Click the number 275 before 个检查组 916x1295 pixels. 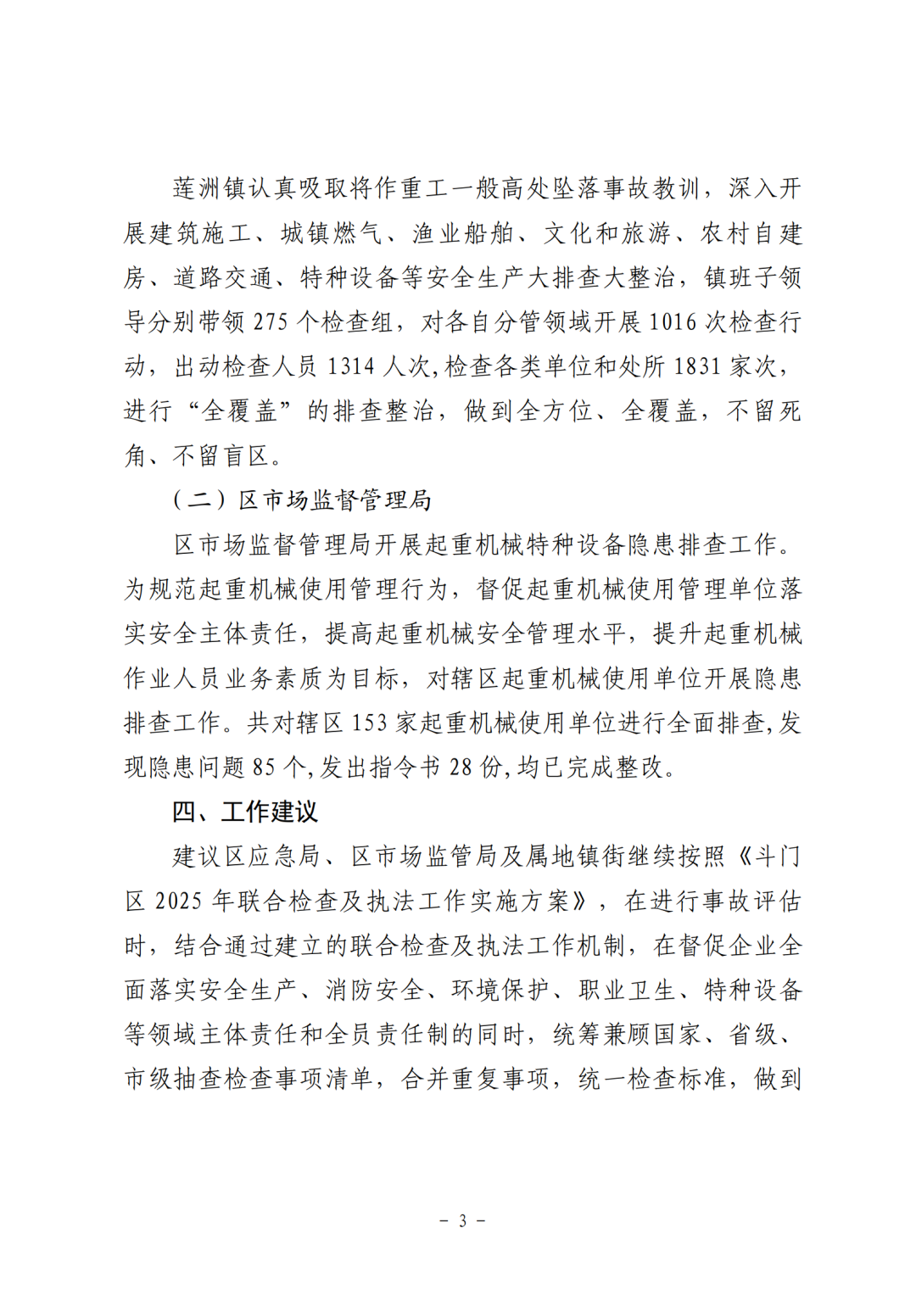pyautogui.click(x=271, y=322)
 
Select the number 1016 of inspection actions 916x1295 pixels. pyautogui.click(x=673, y=322)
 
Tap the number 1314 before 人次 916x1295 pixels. pyautogui.click(x=350, y=366)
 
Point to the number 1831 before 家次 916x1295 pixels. pyautogui.click(x=697, y=366)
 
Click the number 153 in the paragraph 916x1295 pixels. pyautogui.click(x=369, y=723)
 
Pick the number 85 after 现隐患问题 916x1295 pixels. pyautogui.click(x=264, y=768)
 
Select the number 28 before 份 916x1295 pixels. pyautogui.click(x=461, y=768)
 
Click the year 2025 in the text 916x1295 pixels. pyautogui.click(x=179, y=901)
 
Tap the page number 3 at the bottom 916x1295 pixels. pyautogui.click(x=462, y=1221)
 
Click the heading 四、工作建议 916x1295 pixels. pyautogui.click(x=245, y=812)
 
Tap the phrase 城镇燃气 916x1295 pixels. pyautogui.click(x=332, y=233)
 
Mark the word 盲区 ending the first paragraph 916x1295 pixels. pyautogui.click(x=246, y=456)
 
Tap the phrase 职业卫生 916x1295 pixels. pyautogui.click(x=627, y=990)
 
